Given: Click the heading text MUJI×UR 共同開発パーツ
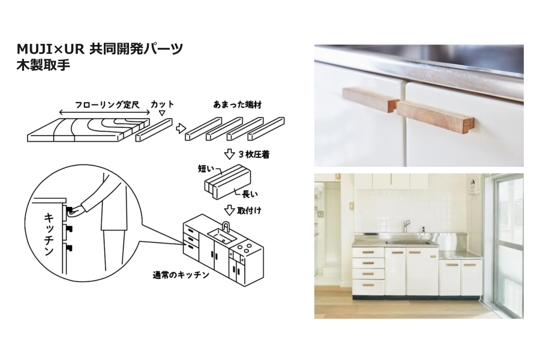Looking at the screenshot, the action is (100, 49).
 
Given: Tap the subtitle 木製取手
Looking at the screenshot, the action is (43, 65).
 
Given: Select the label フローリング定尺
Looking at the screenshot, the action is (107, 105).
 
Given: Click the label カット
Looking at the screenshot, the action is (162, 104).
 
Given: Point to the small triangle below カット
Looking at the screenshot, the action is (162, 113).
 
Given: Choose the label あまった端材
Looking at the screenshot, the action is (237, 104).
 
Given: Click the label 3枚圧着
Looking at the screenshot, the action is (254, 154).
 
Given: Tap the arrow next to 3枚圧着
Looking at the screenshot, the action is (229, 154).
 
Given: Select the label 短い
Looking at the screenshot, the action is (206, 169).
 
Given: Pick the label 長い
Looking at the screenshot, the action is (250, 194).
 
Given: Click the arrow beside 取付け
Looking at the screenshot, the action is (229, 209).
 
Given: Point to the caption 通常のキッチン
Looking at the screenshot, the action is (181, 275).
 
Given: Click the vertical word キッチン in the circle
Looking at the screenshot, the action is (49, 234).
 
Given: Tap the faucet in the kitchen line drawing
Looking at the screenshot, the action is (226, 227).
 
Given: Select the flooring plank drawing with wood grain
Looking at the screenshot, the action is (89, 130).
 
